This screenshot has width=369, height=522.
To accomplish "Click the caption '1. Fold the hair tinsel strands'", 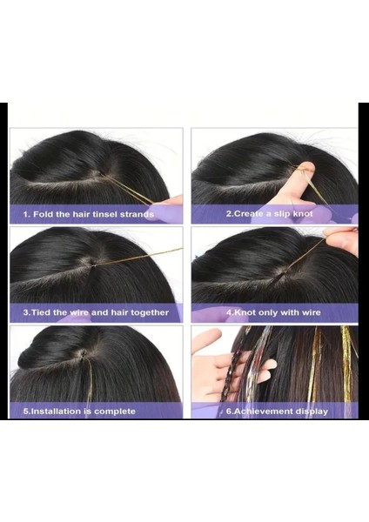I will (88, 214).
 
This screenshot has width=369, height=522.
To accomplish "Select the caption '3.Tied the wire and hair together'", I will (96, 312).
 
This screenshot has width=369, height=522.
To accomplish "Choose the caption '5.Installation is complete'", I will (79, 411).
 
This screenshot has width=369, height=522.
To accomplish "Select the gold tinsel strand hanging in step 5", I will (88, 383).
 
